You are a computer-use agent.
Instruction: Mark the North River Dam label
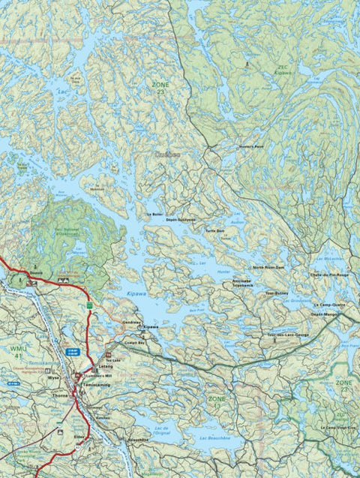268,266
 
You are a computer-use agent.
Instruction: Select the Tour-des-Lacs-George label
288,334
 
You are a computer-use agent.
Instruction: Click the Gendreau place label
130,321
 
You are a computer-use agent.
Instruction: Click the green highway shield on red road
89,305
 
